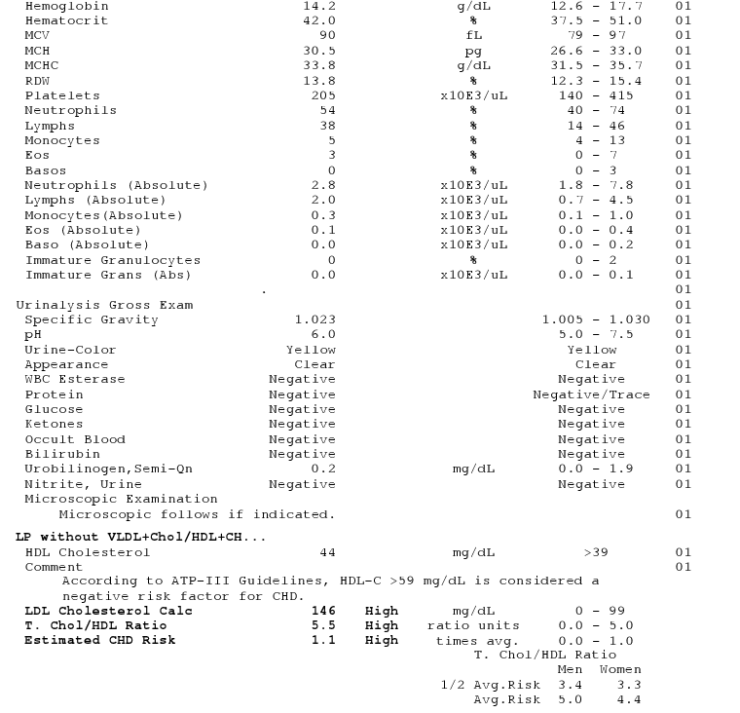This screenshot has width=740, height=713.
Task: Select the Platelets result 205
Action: coord(323,95)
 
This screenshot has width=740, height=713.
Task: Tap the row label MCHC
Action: coord(43,65)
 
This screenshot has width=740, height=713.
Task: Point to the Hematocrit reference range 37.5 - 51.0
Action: coord(596,20)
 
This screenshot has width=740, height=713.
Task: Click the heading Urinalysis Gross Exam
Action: coord(104,305)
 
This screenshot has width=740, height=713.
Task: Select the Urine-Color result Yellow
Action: coord(311,350)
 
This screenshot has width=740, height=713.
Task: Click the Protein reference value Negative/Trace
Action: coord(591,394)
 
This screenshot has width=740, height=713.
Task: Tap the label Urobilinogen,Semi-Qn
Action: coord(108,469)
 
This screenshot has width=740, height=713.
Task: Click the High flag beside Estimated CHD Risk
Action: coord(382,640)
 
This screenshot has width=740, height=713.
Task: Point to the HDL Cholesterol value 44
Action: coord(327,552)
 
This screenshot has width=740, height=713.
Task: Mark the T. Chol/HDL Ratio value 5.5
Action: coord(323,625)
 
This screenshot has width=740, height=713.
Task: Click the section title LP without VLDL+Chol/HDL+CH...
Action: coord(140,537)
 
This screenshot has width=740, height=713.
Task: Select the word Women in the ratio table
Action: coord(620,669)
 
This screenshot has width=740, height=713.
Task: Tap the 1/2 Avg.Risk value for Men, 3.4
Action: coord(569,685)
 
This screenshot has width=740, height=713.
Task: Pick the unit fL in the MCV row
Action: coord(473,35)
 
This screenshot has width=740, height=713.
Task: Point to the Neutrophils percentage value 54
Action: coord(327,110)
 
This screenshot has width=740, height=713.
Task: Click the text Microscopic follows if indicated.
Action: coord(197,513)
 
